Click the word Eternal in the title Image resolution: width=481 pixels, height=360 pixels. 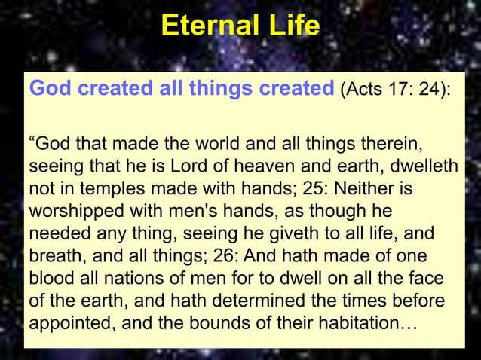coord(206,28)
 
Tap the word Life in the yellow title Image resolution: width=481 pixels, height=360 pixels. coord(288,28)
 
